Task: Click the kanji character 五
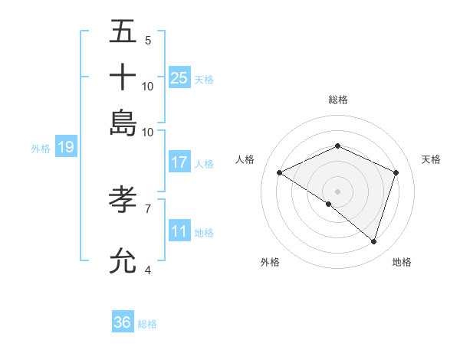point(123,32)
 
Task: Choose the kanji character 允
point(123,260)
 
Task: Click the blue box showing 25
point(179,77)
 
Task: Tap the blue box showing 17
point(179,162)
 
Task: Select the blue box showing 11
point(179,231)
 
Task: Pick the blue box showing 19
point(66,147)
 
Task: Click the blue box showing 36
point(123,322)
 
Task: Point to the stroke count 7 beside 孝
point(148,208)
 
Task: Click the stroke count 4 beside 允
point(148,270)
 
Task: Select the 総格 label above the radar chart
point(337,100)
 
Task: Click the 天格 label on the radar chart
point(431,159)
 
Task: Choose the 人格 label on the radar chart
point(245,159)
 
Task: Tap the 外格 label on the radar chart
point(270,262)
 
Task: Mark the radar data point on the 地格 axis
point(373,241)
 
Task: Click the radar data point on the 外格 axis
point(329,204)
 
